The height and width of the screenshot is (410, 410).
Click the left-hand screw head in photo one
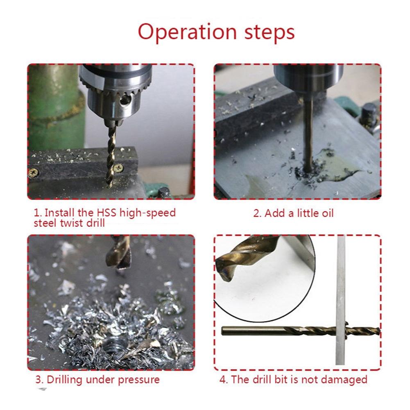point(34,172)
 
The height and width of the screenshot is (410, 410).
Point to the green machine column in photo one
point(53,106)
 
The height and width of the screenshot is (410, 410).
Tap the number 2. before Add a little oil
point(257,213)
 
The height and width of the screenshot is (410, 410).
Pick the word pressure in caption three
point(138,380)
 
